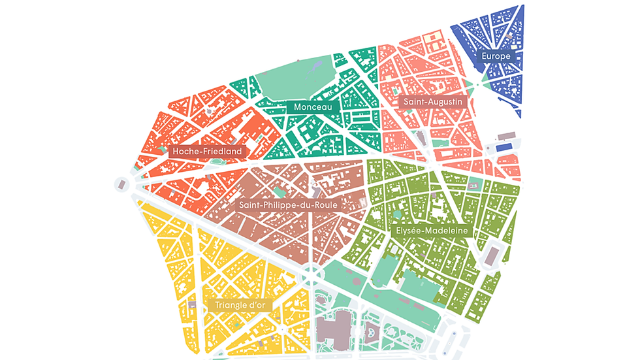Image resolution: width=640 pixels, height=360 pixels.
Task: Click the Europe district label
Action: (x=496, y=56)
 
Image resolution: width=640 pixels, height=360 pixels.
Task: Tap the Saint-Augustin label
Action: (x=432, y=103)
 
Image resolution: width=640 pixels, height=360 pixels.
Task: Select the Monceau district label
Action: (x=313, y=106)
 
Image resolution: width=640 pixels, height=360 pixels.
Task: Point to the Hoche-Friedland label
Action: (x=207, y=152)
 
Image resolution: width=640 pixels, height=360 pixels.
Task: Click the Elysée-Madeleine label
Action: (x=428, y=231)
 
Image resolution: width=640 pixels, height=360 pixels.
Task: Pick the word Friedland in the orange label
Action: (x=221, y=152)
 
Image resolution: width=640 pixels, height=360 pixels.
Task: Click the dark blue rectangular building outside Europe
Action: (x=504, y=148)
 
